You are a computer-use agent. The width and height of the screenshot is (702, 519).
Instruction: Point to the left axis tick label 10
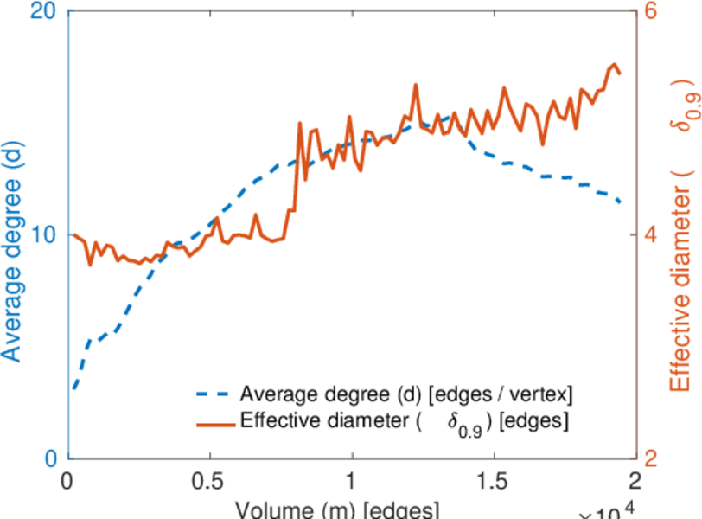[44, 235]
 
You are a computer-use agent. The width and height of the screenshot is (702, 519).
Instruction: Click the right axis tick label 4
[650, 235]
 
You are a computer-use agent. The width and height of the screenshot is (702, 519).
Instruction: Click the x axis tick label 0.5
[209, 481]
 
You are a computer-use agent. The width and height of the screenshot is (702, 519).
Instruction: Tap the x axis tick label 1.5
[493, 481]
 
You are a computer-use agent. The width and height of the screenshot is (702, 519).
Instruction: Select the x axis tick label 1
[351, 481]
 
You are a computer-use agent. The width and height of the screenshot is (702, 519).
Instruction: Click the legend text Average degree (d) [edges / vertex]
[407, 394]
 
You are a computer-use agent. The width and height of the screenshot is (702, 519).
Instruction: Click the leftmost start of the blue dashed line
[74, 388]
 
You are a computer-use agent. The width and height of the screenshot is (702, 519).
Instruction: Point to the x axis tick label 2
[635, 481]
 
